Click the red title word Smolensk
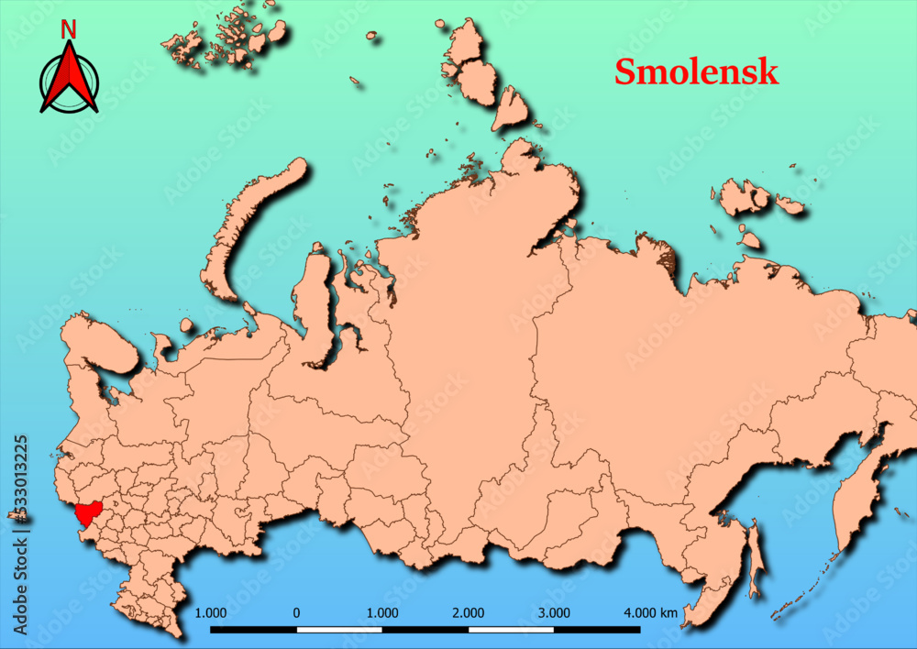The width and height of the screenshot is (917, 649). (696, 71)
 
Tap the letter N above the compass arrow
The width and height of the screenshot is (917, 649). (68, 30)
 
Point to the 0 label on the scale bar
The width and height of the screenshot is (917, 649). (296, 612)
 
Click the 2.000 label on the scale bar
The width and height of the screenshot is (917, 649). (469, 612)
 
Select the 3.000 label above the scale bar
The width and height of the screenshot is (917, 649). (554, 612)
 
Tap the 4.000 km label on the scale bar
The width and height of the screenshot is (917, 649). (650, 612)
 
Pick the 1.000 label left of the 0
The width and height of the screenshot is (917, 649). (211, 612)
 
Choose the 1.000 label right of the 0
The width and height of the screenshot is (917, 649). (382, 612)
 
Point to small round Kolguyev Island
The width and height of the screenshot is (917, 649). (187, 325)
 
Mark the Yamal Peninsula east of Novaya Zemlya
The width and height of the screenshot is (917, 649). (315, 293)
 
